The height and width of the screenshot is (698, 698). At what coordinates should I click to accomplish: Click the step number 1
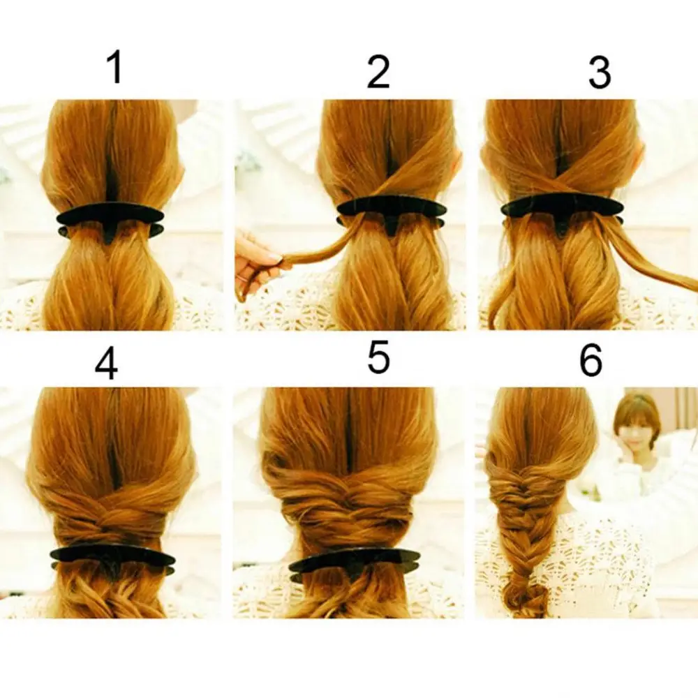tap(116, 67)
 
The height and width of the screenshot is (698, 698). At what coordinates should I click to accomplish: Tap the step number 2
tap(378, 72)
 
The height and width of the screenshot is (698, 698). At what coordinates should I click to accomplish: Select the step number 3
tap(599, 72)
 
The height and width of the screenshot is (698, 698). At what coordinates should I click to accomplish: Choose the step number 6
tap(591, 360)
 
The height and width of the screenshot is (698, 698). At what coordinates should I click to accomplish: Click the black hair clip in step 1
tap(110, 221)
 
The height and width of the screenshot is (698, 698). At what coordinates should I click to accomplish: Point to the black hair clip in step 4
tap(112, 559)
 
